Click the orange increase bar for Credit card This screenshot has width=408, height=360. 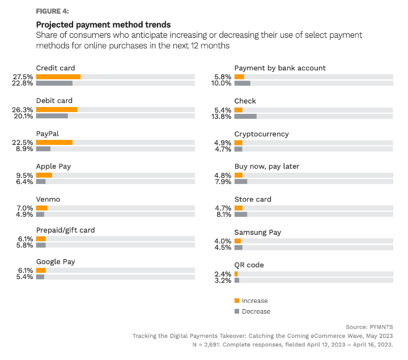point(58,76)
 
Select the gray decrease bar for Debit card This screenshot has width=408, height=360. point(52,116)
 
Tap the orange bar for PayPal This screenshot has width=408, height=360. point(54,142)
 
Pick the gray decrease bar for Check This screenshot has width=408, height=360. point(245,116)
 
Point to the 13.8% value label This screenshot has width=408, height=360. point(222,116)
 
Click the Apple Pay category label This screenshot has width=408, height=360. point(53,166)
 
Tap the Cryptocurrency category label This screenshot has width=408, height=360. point(261,134)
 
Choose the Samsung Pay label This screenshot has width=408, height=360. point(257,232)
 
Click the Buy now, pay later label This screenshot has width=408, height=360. point(266,166)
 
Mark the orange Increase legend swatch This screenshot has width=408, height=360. point(236,301)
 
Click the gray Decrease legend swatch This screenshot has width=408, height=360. point(236,311)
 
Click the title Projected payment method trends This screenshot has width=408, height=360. point(103,25)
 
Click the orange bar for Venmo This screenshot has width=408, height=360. point(41,208)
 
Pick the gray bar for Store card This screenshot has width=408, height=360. point(241,215)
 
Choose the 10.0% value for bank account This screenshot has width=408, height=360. point(222,83)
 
